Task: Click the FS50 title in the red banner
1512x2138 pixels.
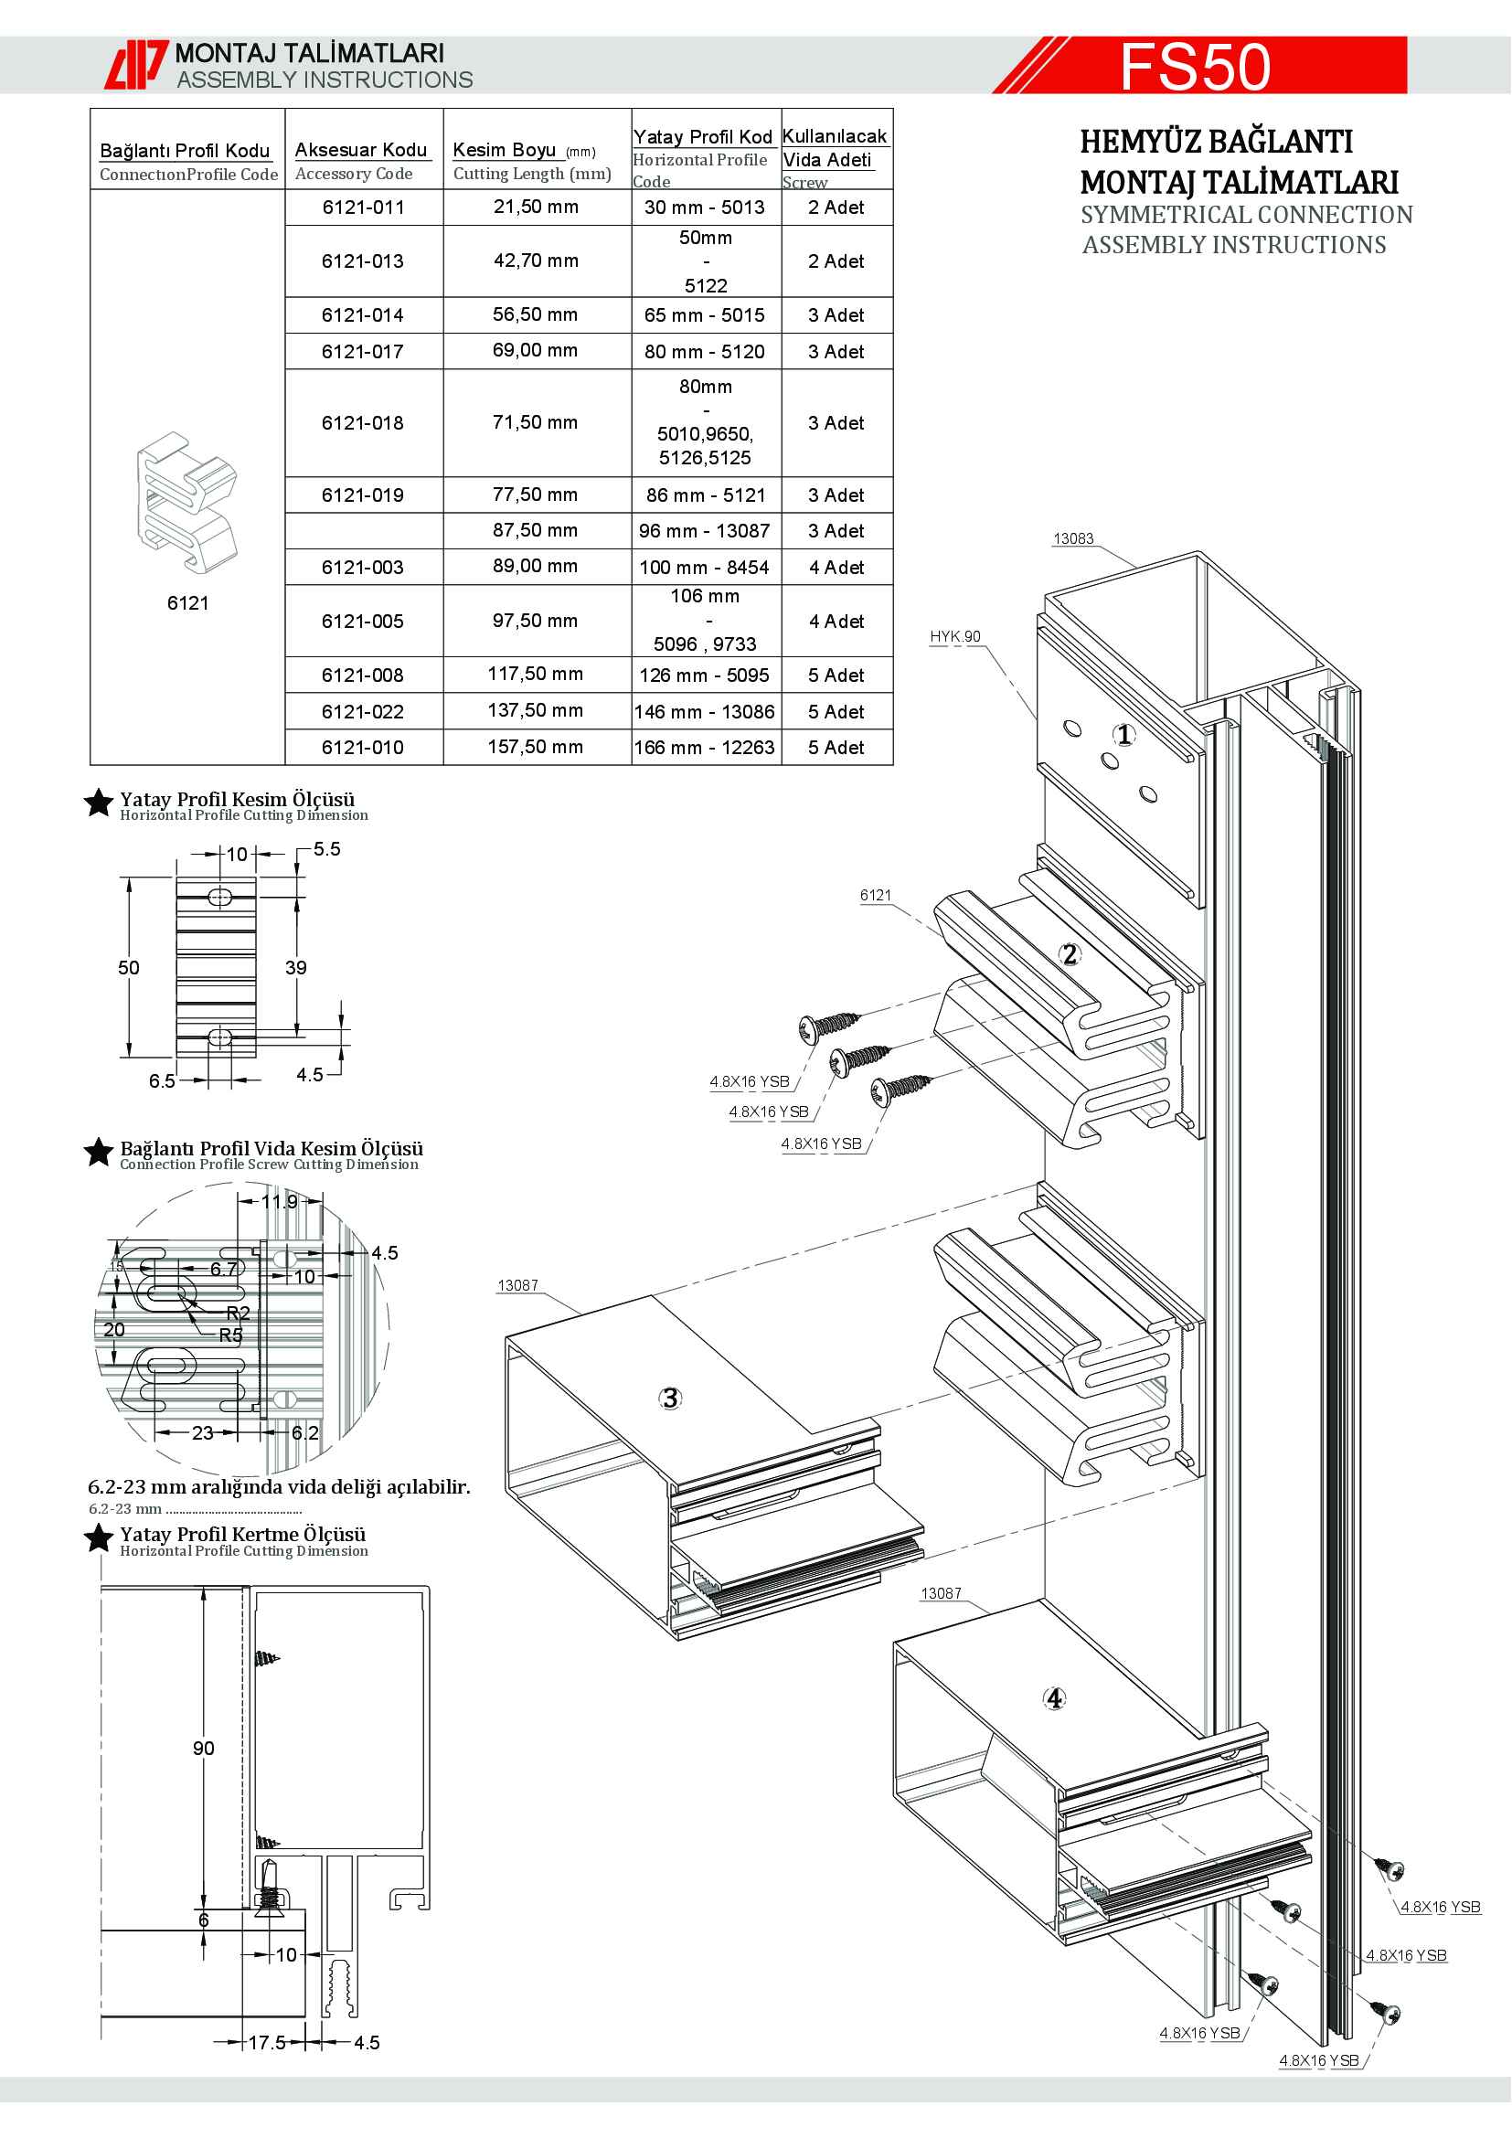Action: [1195, 66]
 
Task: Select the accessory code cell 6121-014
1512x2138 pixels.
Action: [363, 315]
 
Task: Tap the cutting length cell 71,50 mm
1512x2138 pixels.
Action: [536, 423]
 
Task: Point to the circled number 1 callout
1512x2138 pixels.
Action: [1124, 735]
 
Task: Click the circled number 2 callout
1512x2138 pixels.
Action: [1070, 953]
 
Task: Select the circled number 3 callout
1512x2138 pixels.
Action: [670, 1398]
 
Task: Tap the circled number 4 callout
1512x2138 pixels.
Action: [1054, 1698]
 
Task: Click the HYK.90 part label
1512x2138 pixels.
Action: [954, 636]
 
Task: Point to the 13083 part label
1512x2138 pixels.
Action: [1072, 538]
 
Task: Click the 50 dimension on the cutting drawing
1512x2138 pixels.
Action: [129, 967]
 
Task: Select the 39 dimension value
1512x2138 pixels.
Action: [296, 967]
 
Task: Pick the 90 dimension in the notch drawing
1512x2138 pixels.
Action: [203, 1748]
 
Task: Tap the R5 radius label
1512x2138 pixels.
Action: [231, 1335]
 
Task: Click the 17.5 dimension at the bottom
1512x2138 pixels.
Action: [266, 2042]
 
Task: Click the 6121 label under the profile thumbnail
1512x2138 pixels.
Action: [188, 602]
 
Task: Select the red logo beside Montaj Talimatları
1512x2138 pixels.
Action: [136, 65]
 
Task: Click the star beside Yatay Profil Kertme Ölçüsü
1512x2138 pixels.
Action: [99, 1538]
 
